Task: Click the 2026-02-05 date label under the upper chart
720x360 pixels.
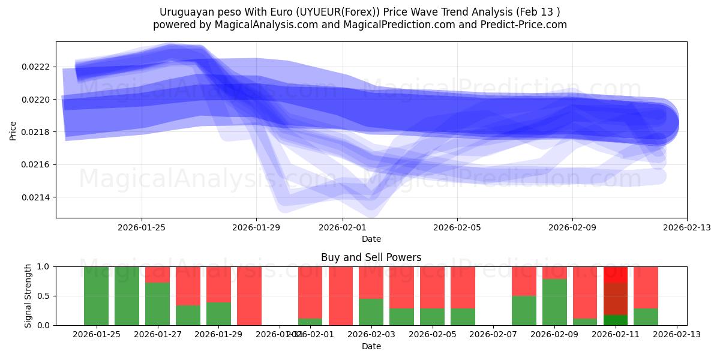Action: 457,227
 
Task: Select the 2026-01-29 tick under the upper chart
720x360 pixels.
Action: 256,227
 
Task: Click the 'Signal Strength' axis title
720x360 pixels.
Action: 28,296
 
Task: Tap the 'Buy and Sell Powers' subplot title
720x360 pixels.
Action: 371,257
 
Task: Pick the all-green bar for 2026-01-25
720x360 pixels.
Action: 96,296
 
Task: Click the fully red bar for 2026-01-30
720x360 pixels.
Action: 249,296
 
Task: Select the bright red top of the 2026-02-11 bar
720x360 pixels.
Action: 615,274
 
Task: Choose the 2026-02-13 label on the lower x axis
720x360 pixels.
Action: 677,334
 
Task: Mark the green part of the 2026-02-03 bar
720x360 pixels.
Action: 371,312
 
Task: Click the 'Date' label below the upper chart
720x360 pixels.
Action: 371,239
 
